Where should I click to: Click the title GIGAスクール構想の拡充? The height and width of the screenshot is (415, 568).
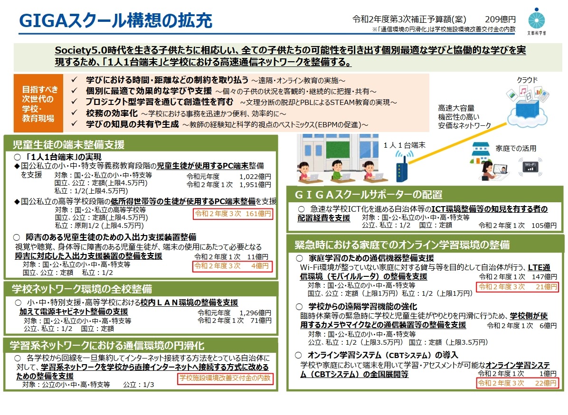[115, 20]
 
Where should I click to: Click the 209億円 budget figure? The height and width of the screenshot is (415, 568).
[500, 19]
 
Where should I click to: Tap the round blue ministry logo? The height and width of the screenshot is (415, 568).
[536, 19]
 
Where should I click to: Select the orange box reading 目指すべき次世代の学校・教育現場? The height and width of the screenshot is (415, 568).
[38, 103]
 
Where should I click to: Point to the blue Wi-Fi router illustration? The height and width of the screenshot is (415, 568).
[402, 166]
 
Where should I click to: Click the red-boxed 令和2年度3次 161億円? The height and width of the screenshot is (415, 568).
[233, 214]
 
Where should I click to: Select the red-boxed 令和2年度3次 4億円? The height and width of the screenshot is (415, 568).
[232, 266]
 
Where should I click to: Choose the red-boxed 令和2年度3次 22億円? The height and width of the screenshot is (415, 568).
[517, 383]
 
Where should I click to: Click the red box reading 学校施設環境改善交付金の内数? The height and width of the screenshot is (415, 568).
[225, 378]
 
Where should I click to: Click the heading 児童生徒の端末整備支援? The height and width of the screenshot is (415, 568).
[68, 145]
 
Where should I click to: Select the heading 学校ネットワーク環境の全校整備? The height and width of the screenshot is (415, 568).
[82, 289]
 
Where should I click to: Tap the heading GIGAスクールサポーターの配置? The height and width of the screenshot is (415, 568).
[369, 195]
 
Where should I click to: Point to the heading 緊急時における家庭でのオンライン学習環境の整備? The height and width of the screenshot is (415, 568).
[402, 245]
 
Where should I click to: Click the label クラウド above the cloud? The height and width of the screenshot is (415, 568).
[527, 80]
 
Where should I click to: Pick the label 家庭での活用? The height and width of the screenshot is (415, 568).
[516, 149]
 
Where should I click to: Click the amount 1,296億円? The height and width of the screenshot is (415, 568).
[256, 312]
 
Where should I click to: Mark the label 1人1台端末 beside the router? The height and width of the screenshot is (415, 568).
[404, 145]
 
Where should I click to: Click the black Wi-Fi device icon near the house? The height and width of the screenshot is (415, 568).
[530, 167]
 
